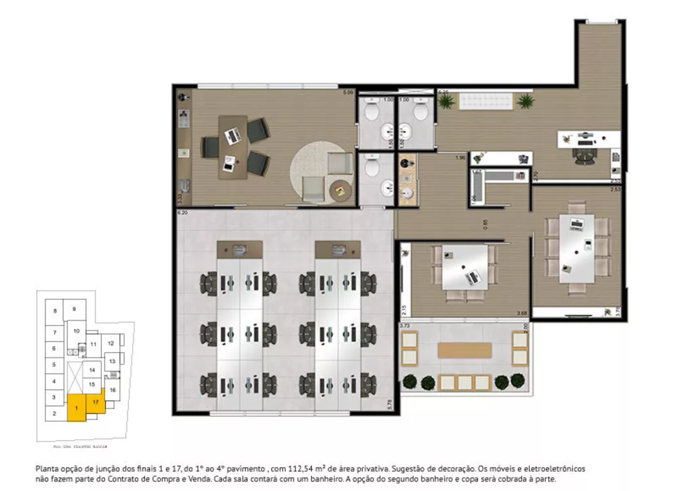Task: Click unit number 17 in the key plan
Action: point(96,402)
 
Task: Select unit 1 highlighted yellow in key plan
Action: point(77,409)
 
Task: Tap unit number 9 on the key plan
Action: point(74,309)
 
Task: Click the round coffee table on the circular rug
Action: point(340,191)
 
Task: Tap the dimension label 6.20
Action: point(182,213)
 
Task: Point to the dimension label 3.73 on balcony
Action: point(405,326)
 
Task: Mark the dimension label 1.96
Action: point(460,158)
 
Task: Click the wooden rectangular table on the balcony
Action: point(464,350)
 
